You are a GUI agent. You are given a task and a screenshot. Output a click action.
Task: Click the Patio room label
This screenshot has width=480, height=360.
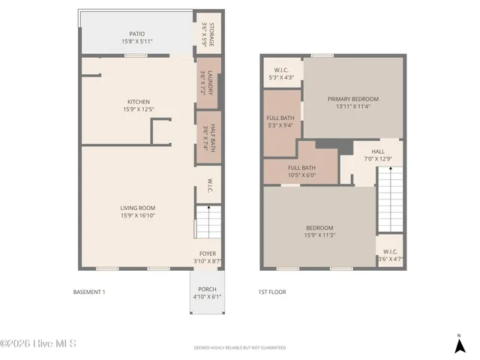[x=136, y=34]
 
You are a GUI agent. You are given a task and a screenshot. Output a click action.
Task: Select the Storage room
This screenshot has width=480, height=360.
[x=208, y=34]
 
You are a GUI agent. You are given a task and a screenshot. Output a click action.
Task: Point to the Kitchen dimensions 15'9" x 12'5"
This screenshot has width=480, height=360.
[x=137, y=109]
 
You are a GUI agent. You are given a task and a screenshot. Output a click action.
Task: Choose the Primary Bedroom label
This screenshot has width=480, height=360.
[x=352, y=98]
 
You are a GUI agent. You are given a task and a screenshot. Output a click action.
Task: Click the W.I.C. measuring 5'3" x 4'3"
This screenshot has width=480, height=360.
[x=282, y=73]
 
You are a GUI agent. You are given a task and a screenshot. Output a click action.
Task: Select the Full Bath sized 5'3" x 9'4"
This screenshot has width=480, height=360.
[x=281, y=121]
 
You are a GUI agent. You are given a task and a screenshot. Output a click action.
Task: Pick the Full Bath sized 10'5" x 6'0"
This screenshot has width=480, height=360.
[x=301, y=171]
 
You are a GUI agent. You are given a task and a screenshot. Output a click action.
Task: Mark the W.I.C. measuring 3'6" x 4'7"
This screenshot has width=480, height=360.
[x=390, y=255]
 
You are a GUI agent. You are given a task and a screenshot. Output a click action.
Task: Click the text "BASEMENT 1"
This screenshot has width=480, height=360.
[x=88, y=292]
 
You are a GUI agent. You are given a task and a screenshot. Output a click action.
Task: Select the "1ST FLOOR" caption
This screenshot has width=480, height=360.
[x=271, y=292]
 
